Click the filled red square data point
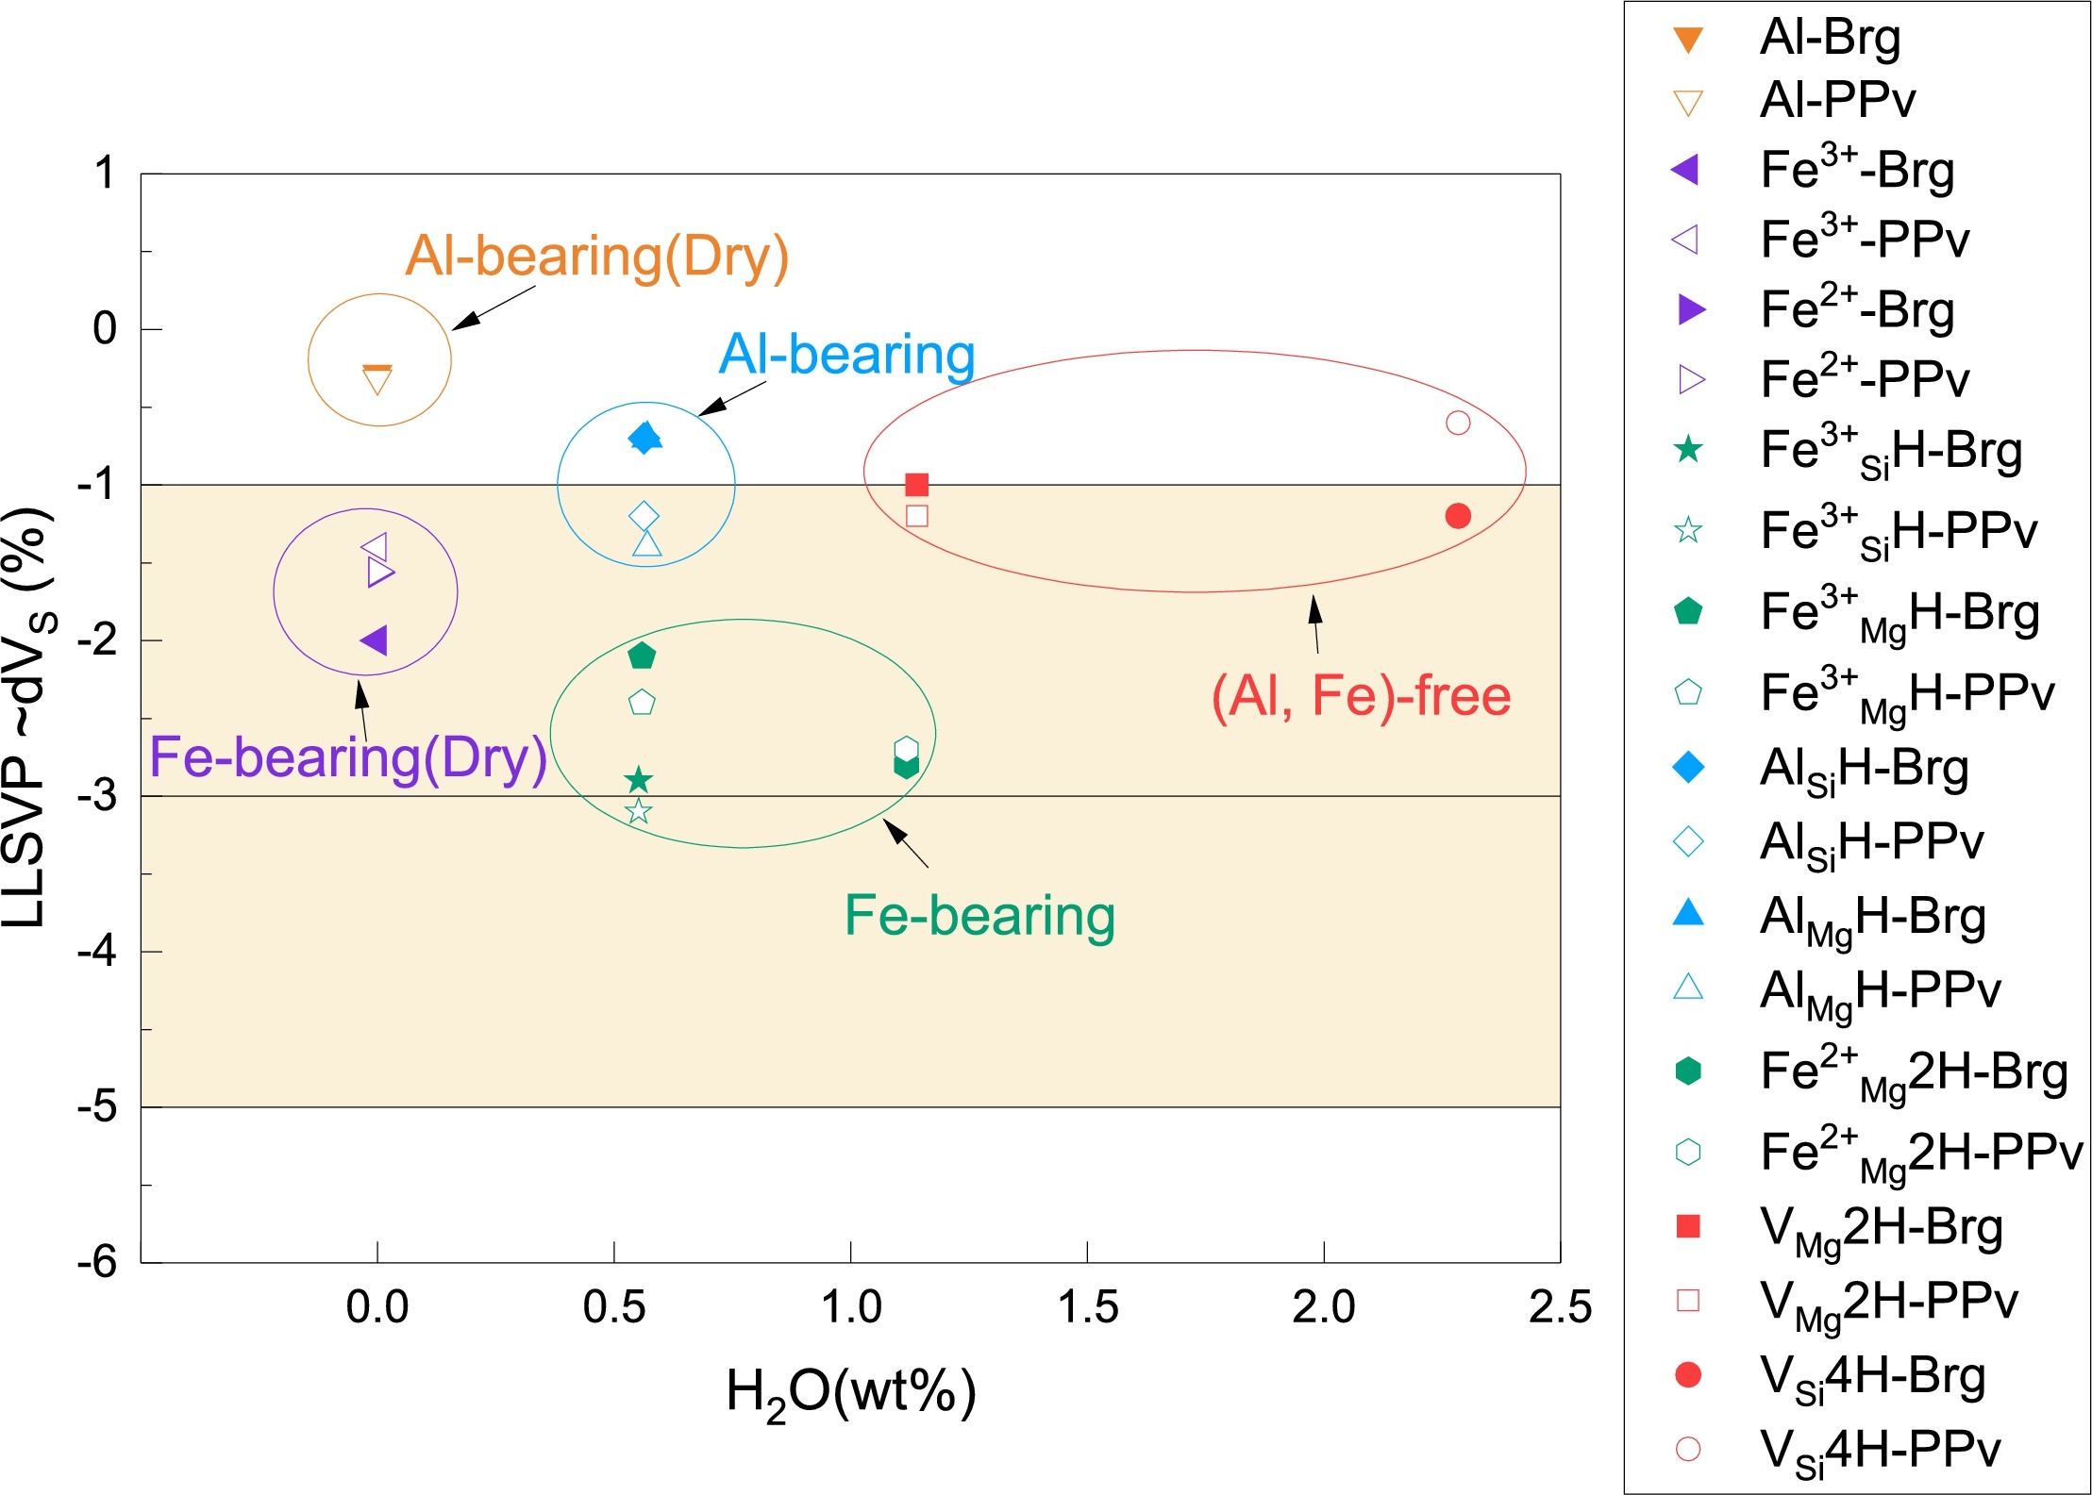point(916,485)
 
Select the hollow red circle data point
point(1458,423)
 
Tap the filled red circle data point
point(1458,516)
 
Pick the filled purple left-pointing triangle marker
point(375,640)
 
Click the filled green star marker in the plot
point(639,780)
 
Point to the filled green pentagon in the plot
point(642,656)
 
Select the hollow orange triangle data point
point(377,382)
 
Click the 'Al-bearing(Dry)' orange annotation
point(596,257)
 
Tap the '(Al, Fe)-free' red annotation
point(1361,696)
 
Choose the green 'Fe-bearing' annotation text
point(979,915)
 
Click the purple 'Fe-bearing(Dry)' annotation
point(348,757)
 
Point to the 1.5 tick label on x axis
point(1087,1307)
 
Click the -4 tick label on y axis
point(97,951)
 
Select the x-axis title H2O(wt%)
point(850,1393)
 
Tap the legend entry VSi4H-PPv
point(1879,1450)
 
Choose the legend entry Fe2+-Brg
point(1856,309)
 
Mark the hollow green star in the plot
point(639,811)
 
